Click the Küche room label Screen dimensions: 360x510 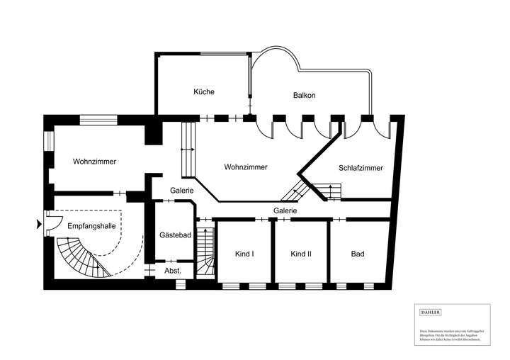(x=204, y=92)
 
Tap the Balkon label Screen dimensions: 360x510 (x=305, y=96)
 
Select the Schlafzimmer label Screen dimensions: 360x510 (x=361, y=169)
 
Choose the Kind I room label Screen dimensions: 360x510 (x=244, y=254)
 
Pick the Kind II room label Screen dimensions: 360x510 (x=301, y=254)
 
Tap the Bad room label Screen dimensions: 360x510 (x=358, y=254)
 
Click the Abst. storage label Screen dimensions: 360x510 (x=173, y=271)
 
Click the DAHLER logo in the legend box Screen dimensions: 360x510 (x=431, y=312)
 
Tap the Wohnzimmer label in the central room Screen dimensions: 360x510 (x=245, y=168)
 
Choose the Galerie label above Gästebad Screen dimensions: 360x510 (x=183, y=191)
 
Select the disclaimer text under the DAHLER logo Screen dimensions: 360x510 (x=450, y=334)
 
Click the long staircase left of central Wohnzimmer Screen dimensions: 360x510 (x=188, y=149)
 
